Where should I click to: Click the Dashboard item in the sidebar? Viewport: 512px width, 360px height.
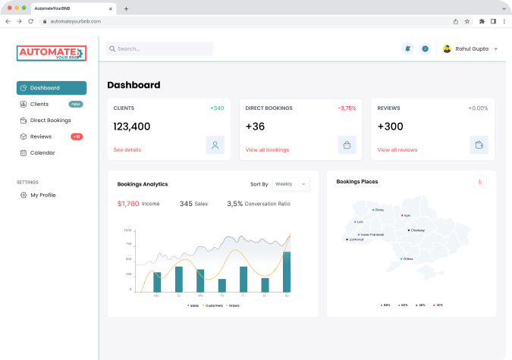51,88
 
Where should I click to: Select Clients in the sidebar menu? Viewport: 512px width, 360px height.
39,104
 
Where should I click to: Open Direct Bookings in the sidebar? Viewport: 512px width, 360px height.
50,120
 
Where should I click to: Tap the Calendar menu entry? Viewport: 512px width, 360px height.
42,152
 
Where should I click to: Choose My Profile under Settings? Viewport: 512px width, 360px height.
42,195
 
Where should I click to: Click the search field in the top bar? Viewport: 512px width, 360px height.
159,49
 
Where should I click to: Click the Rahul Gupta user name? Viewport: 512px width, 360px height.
472,49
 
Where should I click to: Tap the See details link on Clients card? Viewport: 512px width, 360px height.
127,150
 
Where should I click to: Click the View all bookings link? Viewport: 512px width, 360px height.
267,150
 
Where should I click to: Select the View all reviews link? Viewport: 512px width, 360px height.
397,150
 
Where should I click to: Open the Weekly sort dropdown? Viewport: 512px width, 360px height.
291,183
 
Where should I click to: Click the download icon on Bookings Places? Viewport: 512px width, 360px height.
479,182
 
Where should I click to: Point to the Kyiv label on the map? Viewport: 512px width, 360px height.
407,216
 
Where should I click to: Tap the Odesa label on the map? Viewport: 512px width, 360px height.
408,258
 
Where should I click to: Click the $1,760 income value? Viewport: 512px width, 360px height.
128,203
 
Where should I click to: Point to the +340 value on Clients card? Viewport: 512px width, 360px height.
217,108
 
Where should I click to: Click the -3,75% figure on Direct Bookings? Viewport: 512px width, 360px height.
347,108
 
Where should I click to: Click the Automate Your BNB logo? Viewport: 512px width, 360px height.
52,53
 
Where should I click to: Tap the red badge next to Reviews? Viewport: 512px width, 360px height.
77,136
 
